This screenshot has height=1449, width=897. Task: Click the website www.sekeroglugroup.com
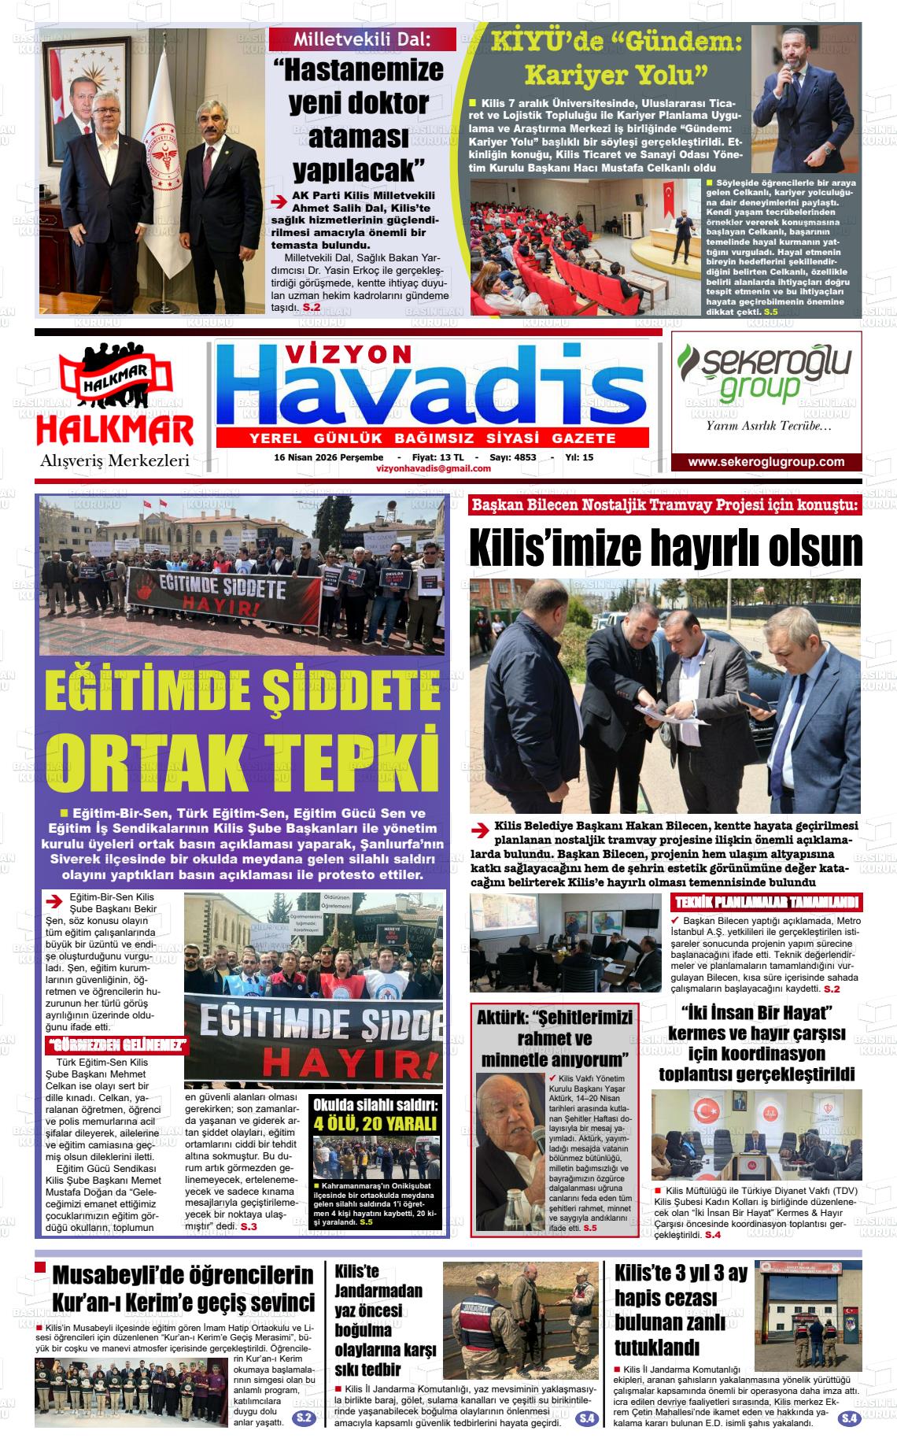coord(766,462)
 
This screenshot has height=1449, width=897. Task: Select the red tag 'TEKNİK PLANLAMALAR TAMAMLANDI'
coord(766,903)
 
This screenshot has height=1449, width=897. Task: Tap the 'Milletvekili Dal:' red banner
coord(362,39)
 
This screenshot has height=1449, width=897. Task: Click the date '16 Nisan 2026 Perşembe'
coord(328,457)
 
